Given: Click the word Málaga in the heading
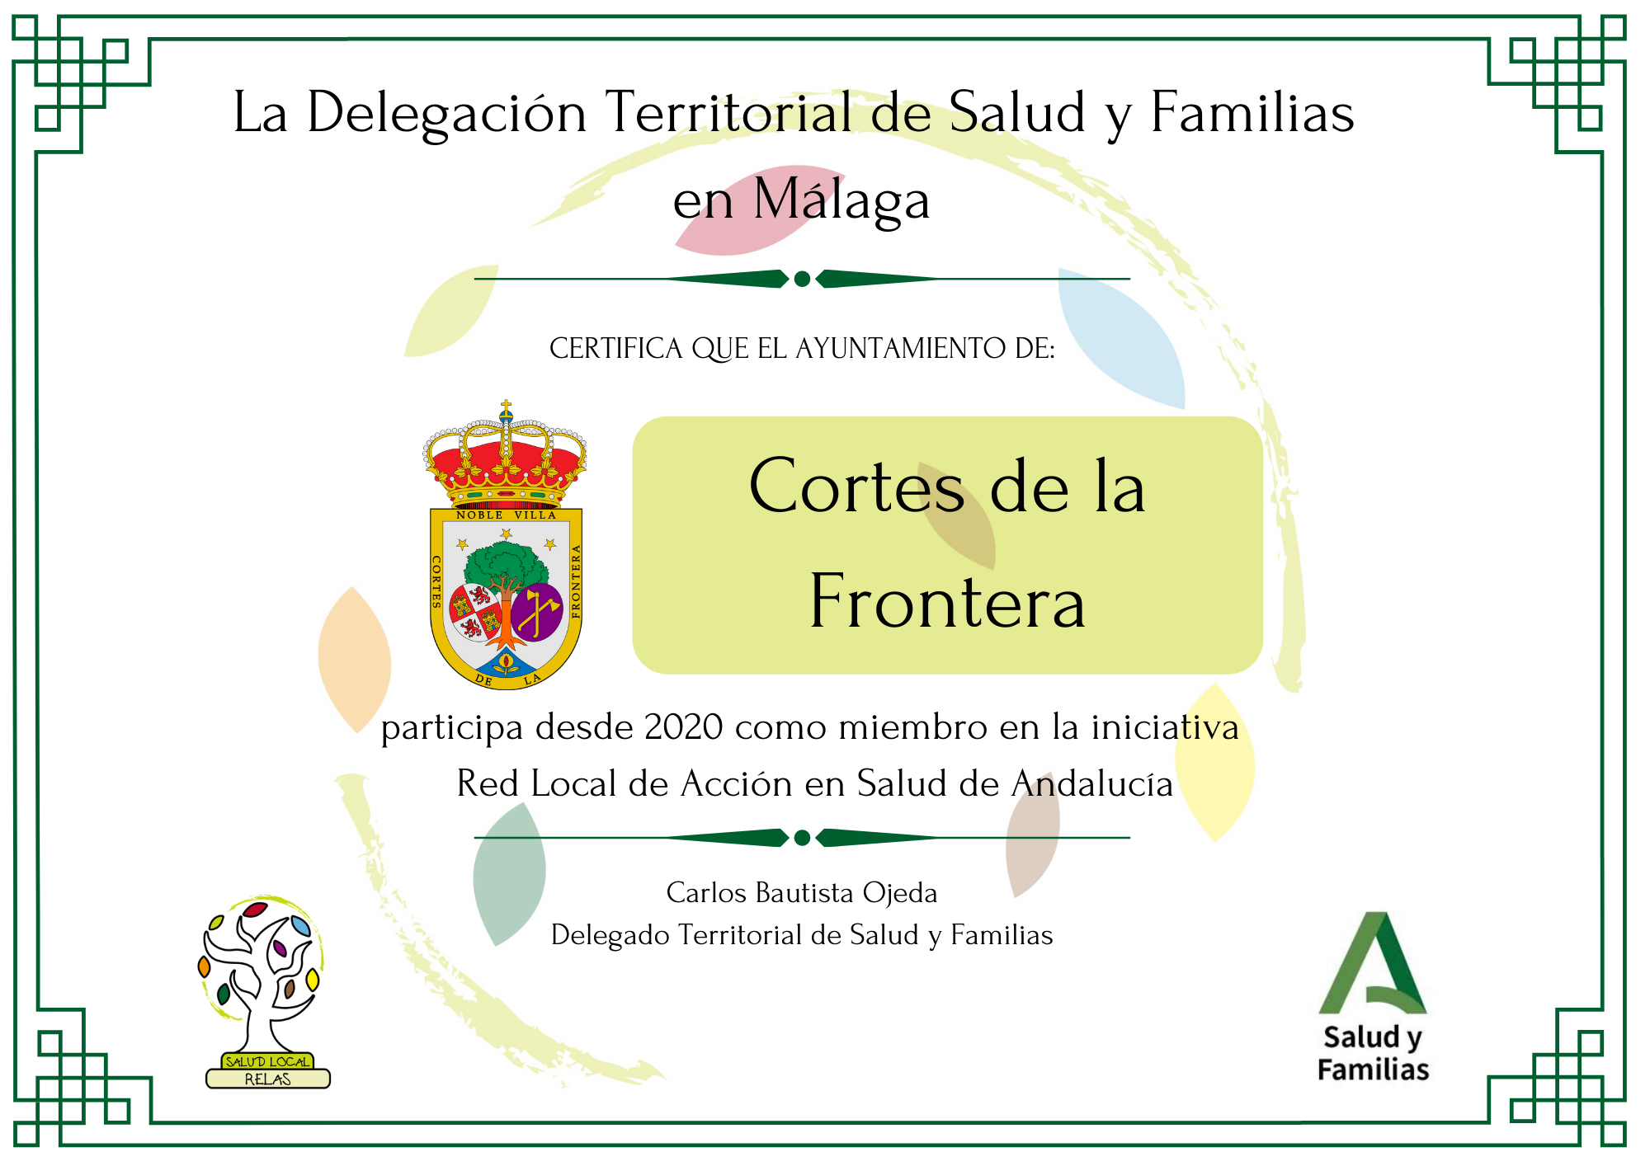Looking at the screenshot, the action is (x=841, y=200).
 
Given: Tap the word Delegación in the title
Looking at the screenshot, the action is (x=446, y=114).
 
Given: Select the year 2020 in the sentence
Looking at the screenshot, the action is (x=684, y=727).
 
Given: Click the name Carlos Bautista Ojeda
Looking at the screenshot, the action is (x=802, y=893).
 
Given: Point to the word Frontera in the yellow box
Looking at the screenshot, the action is (x=947, y=602).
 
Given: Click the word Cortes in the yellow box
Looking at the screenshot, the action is (x=856, y=487).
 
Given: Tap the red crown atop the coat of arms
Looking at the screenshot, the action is (x=505, y=454).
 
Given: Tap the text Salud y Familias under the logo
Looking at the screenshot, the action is (x=1374, y=1053).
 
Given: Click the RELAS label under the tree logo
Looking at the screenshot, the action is (x=268, y=1079).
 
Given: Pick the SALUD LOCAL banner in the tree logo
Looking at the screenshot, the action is (x=267, y=1062).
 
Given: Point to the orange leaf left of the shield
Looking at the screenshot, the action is (x=355, y=659).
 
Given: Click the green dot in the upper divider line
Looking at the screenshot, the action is (x=802, y=279).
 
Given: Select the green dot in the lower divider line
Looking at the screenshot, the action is (x=802, y=838).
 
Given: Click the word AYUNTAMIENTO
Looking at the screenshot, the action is (x=901, y=349).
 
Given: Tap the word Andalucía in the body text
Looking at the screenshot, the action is (x=1092, y=783).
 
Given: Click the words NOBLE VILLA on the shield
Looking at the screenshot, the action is (x=507, y=515).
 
